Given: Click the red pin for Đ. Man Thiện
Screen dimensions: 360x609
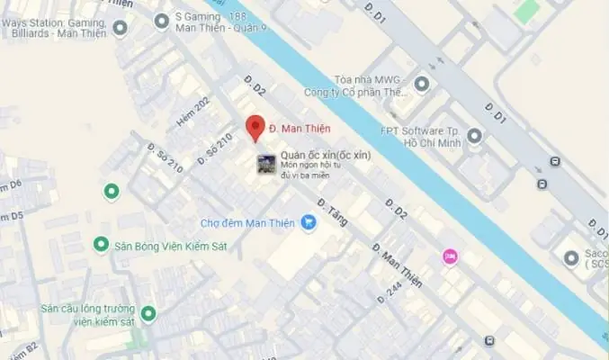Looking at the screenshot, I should pos(255,128).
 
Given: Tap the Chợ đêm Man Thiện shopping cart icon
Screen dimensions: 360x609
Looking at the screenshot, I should pos(309,221).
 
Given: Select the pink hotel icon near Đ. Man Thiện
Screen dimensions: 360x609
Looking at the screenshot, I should pos(450,256).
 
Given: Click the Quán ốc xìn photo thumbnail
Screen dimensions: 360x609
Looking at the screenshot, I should pos(266,164).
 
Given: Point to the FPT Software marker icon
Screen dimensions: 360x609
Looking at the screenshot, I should pos(475,136).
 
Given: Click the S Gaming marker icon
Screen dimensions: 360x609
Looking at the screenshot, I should pos(162,20).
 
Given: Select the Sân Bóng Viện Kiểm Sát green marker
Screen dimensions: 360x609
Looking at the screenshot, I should pos(102,244).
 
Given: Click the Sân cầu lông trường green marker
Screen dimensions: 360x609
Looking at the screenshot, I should pos(148,315).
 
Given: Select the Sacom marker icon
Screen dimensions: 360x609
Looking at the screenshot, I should pos(570,259).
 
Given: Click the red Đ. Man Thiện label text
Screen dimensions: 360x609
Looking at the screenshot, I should pos(300,129).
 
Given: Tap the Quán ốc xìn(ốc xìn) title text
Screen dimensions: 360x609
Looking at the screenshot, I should pos(326,155).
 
